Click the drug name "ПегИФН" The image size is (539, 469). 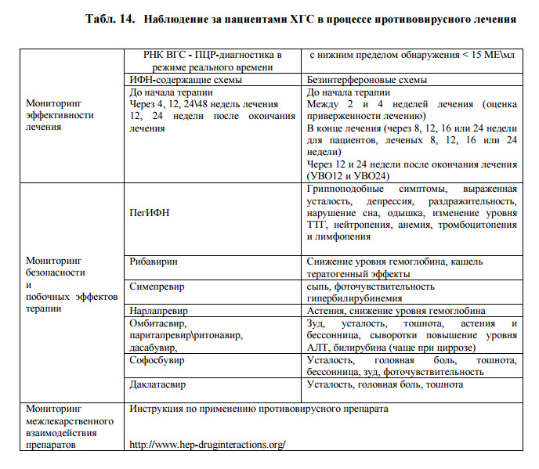click(149, 213)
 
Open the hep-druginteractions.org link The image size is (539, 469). click(207, 444)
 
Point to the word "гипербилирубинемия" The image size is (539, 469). click(356, 298)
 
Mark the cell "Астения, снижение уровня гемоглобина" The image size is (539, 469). click(396, 311)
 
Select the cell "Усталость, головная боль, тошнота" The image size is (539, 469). click(385, 384)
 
